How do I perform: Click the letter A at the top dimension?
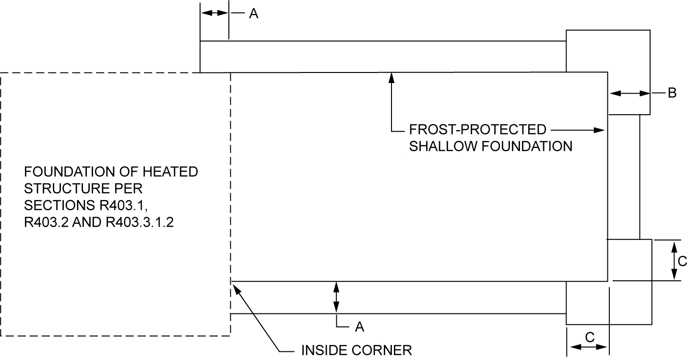[254, 14]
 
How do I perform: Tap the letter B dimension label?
[672, 93]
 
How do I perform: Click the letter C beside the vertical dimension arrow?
[682, 262]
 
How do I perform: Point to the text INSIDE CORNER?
[356, 350]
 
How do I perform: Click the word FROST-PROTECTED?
[477, 130]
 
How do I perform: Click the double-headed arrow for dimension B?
[629, 94]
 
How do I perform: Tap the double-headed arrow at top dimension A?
[214, 13]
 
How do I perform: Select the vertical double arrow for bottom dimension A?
[336, 298]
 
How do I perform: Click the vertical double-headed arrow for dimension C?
[674, 261]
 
